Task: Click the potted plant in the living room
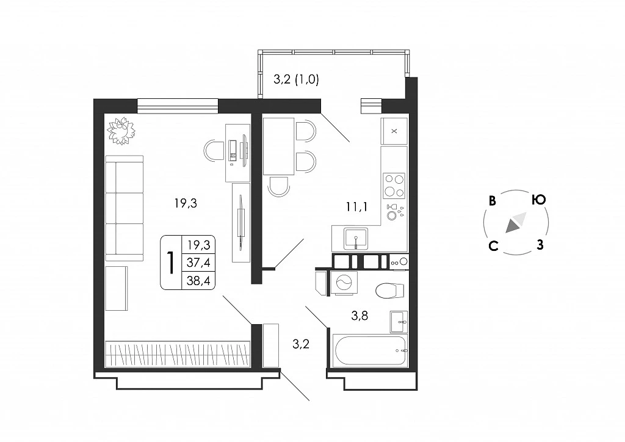click(121, 131)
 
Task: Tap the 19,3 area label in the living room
click(186, 203)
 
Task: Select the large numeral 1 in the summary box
click(171, 263)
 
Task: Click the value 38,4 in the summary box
click(198, 281)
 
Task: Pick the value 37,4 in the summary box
click(198, 263)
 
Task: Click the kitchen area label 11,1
click(356, 206)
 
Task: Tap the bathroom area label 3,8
click(359, 316)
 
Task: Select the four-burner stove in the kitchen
click(394, 186)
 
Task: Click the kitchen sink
click(356, 239)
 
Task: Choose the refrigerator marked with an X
click(394, 131)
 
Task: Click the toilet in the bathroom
click(391, 291)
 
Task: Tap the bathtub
click(370, 350)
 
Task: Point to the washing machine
click(344, 283)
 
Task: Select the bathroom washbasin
click(399, 321)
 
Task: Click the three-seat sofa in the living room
click(125, 208)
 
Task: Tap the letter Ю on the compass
click(538, 199)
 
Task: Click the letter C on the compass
click(493, 246)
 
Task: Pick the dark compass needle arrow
click(513, 226)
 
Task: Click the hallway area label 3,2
click(301, 344)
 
